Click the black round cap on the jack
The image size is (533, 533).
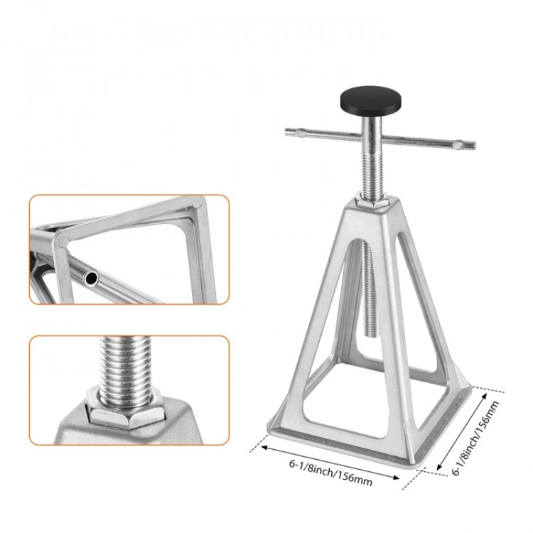click(x=370, y=100)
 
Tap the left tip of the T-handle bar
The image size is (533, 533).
click(x=286, y=131)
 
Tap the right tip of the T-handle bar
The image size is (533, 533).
click(x=475, y=146)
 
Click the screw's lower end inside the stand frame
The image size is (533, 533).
click(x=371, y=335)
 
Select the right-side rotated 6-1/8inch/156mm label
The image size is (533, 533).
click(x=475, y=438)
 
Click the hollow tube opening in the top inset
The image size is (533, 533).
click(x=91, y=279)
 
